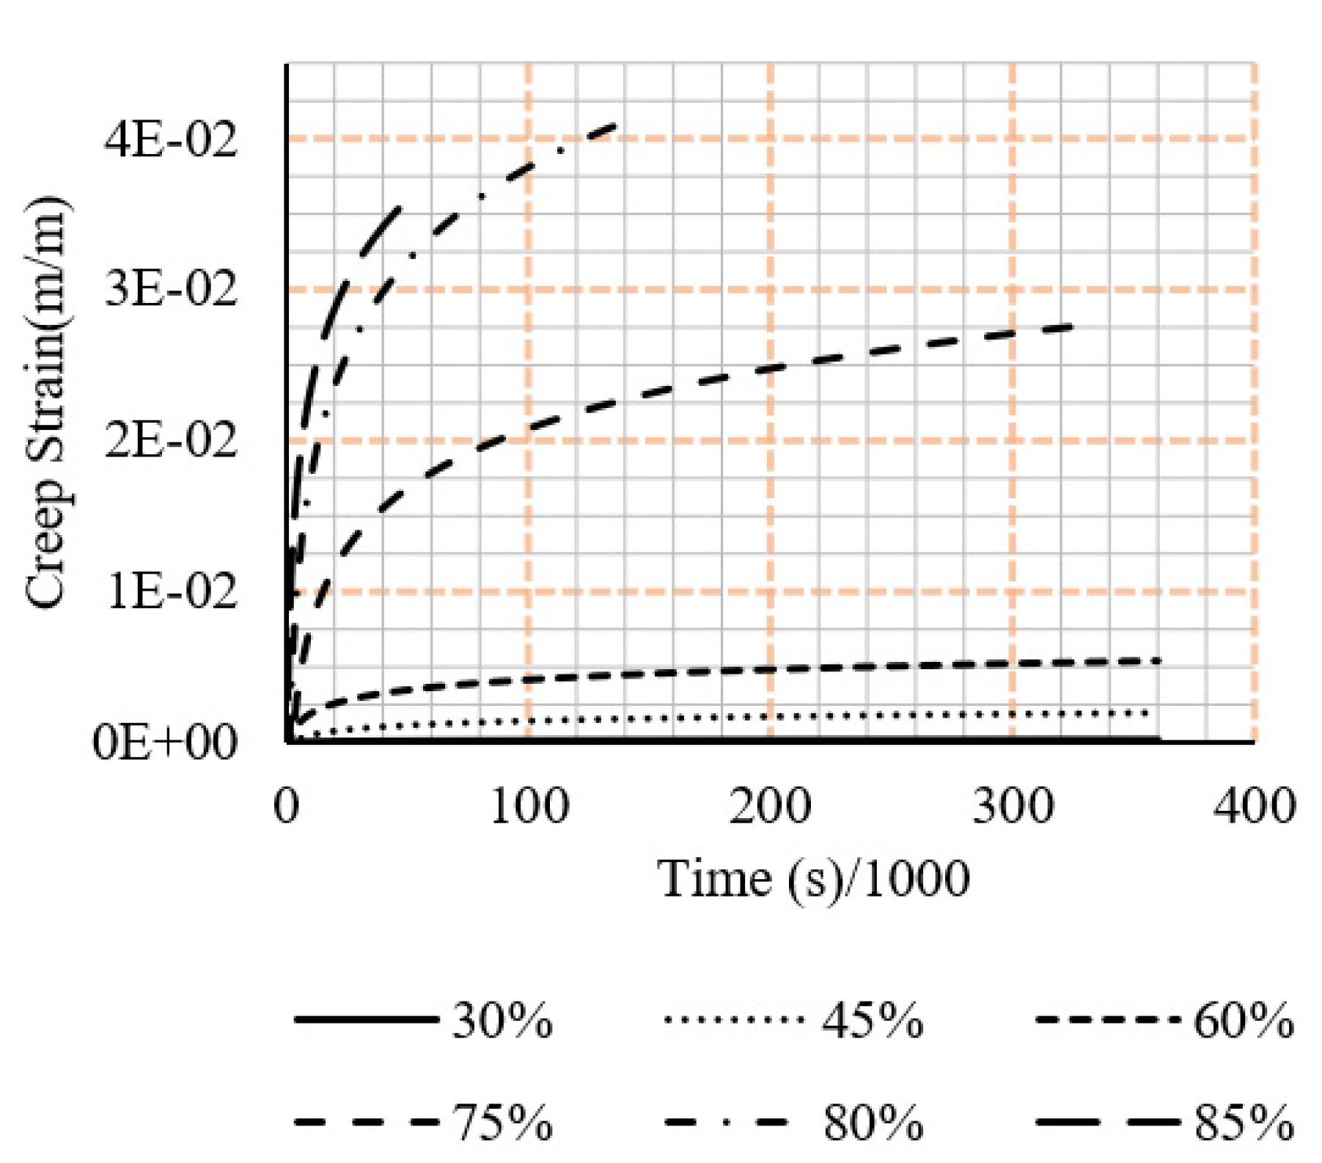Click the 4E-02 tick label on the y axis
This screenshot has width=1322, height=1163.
click(171, 139)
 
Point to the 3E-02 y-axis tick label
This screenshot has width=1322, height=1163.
click(171, 290)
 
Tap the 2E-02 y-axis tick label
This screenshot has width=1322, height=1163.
click(171, 441)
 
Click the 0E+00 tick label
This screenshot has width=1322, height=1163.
click(165, 743)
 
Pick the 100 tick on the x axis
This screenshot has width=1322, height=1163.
click(529, 806)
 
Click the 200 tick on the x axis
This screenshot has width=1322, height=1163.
click(770, 806)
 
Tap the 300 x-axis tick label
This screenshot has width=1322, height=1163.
click(1013, 806)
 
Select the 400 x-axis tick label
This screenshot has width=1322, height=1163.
click(1255, 806)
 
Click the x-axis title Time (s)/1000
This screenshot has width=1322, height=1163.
click(813, 878)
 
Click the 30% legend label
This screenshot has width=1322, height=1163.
click(502, 1021)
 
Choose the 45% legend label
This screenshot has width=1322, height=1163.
click(873, 1021)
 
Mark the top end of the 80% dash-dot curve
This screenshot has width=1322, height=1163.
click(614, 126)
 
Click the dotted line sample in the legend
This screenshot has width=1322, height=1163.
click(733, 1020)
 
